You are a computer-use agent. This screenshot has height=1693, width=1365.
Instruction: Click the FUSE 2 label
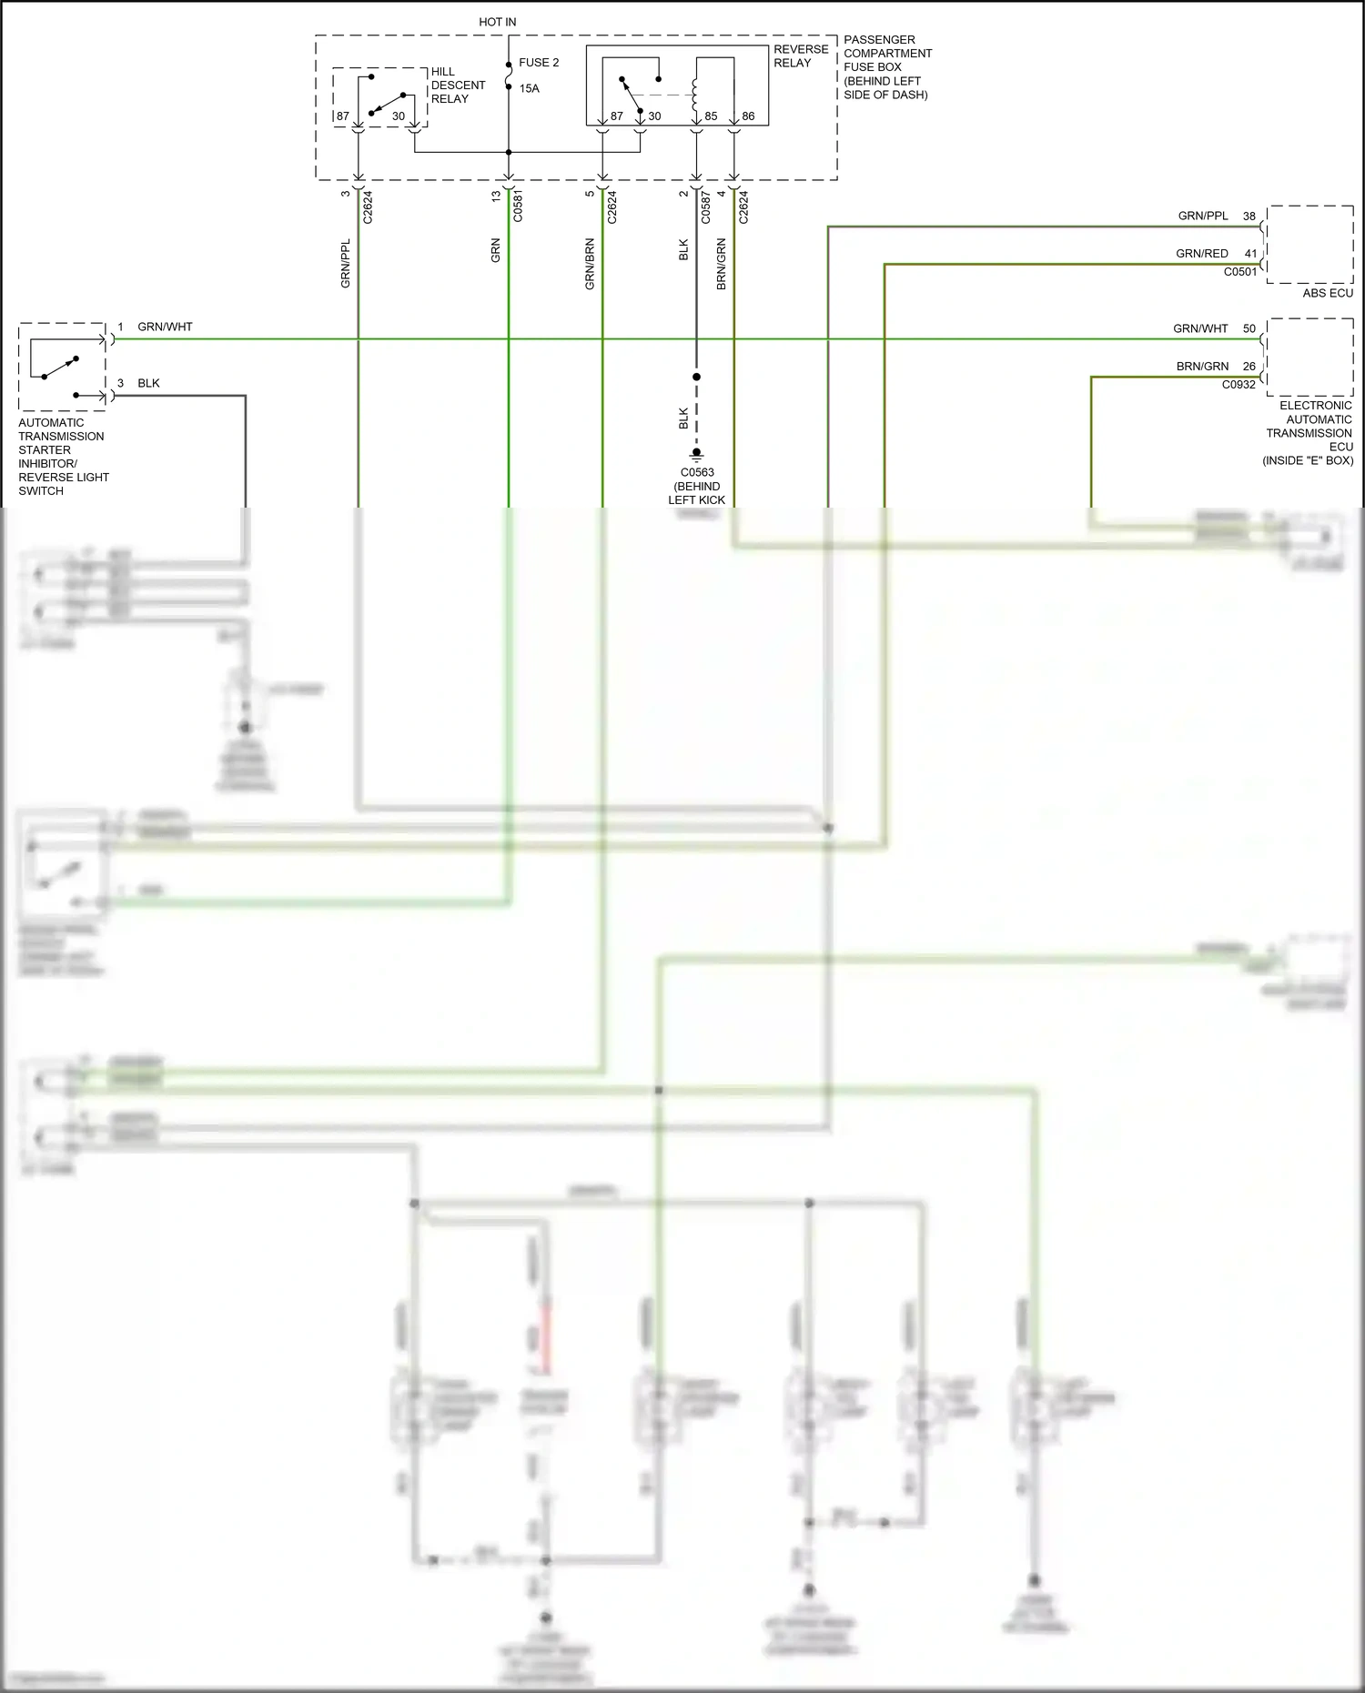[x=538, y=63]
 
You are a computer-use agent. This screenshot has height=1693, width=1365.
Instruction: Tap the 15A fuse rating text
[x=529, y=88]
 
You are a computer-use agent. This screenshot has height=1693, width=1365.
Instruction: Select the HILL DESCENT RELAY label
[x=457, y=86]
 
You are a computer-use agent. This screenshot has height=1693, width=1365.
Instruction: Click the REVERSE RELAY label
[x=800, y=55]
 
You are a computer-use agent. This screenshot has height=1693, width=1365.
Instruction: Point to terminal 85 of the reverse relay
[x=711, y=116]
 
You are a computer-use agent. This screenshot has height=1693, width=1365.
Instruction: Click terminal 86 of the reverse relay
[x=748, y=116]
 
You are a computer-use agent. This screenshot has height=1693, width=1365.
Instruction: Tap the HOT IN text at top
[x=497, y=22]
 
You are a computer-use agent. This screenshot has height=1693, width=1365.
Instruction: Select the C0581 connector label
[x=518, y=207]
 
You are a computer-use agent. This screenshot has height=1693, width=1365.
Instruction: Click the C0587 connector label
[x=705, y=207]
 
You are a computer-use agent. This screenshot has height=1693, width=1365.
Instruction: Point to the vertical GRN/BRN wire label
[x=590, y=264]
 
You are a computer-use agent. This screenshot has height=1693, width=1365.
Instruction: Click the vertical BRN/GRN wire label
[x=721, y=264]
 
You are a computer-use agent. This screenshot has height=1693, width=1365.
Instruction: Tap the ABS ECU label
[x=1327, y=293]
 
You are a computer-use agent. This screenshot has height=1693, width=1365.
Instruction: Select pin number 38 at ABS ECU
[x=1249, y=217]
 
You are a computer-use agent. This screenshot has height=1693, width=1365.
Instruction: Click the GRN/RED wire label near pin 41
[x=1201, y=254]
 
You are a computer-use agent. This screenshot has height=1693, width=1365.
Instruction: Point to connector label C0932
[x=1239, y=385]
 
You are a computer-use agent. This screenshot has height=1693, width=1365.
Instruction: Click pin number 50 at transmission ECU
[x=1249, y=328]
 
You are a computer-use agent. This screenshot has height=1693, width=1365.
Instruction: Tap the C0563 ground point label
[x=697, y=472]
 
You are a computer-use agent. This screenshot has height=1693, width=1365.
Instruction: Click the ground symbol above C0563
[x=696, y=454]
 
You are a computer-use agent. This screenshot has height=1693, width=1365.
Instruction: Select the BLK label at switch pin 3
[x=148, y=383]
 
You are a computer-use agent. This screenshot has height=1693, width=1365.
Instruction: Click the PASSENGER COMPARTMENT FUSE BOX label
[x=886, y=66]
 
